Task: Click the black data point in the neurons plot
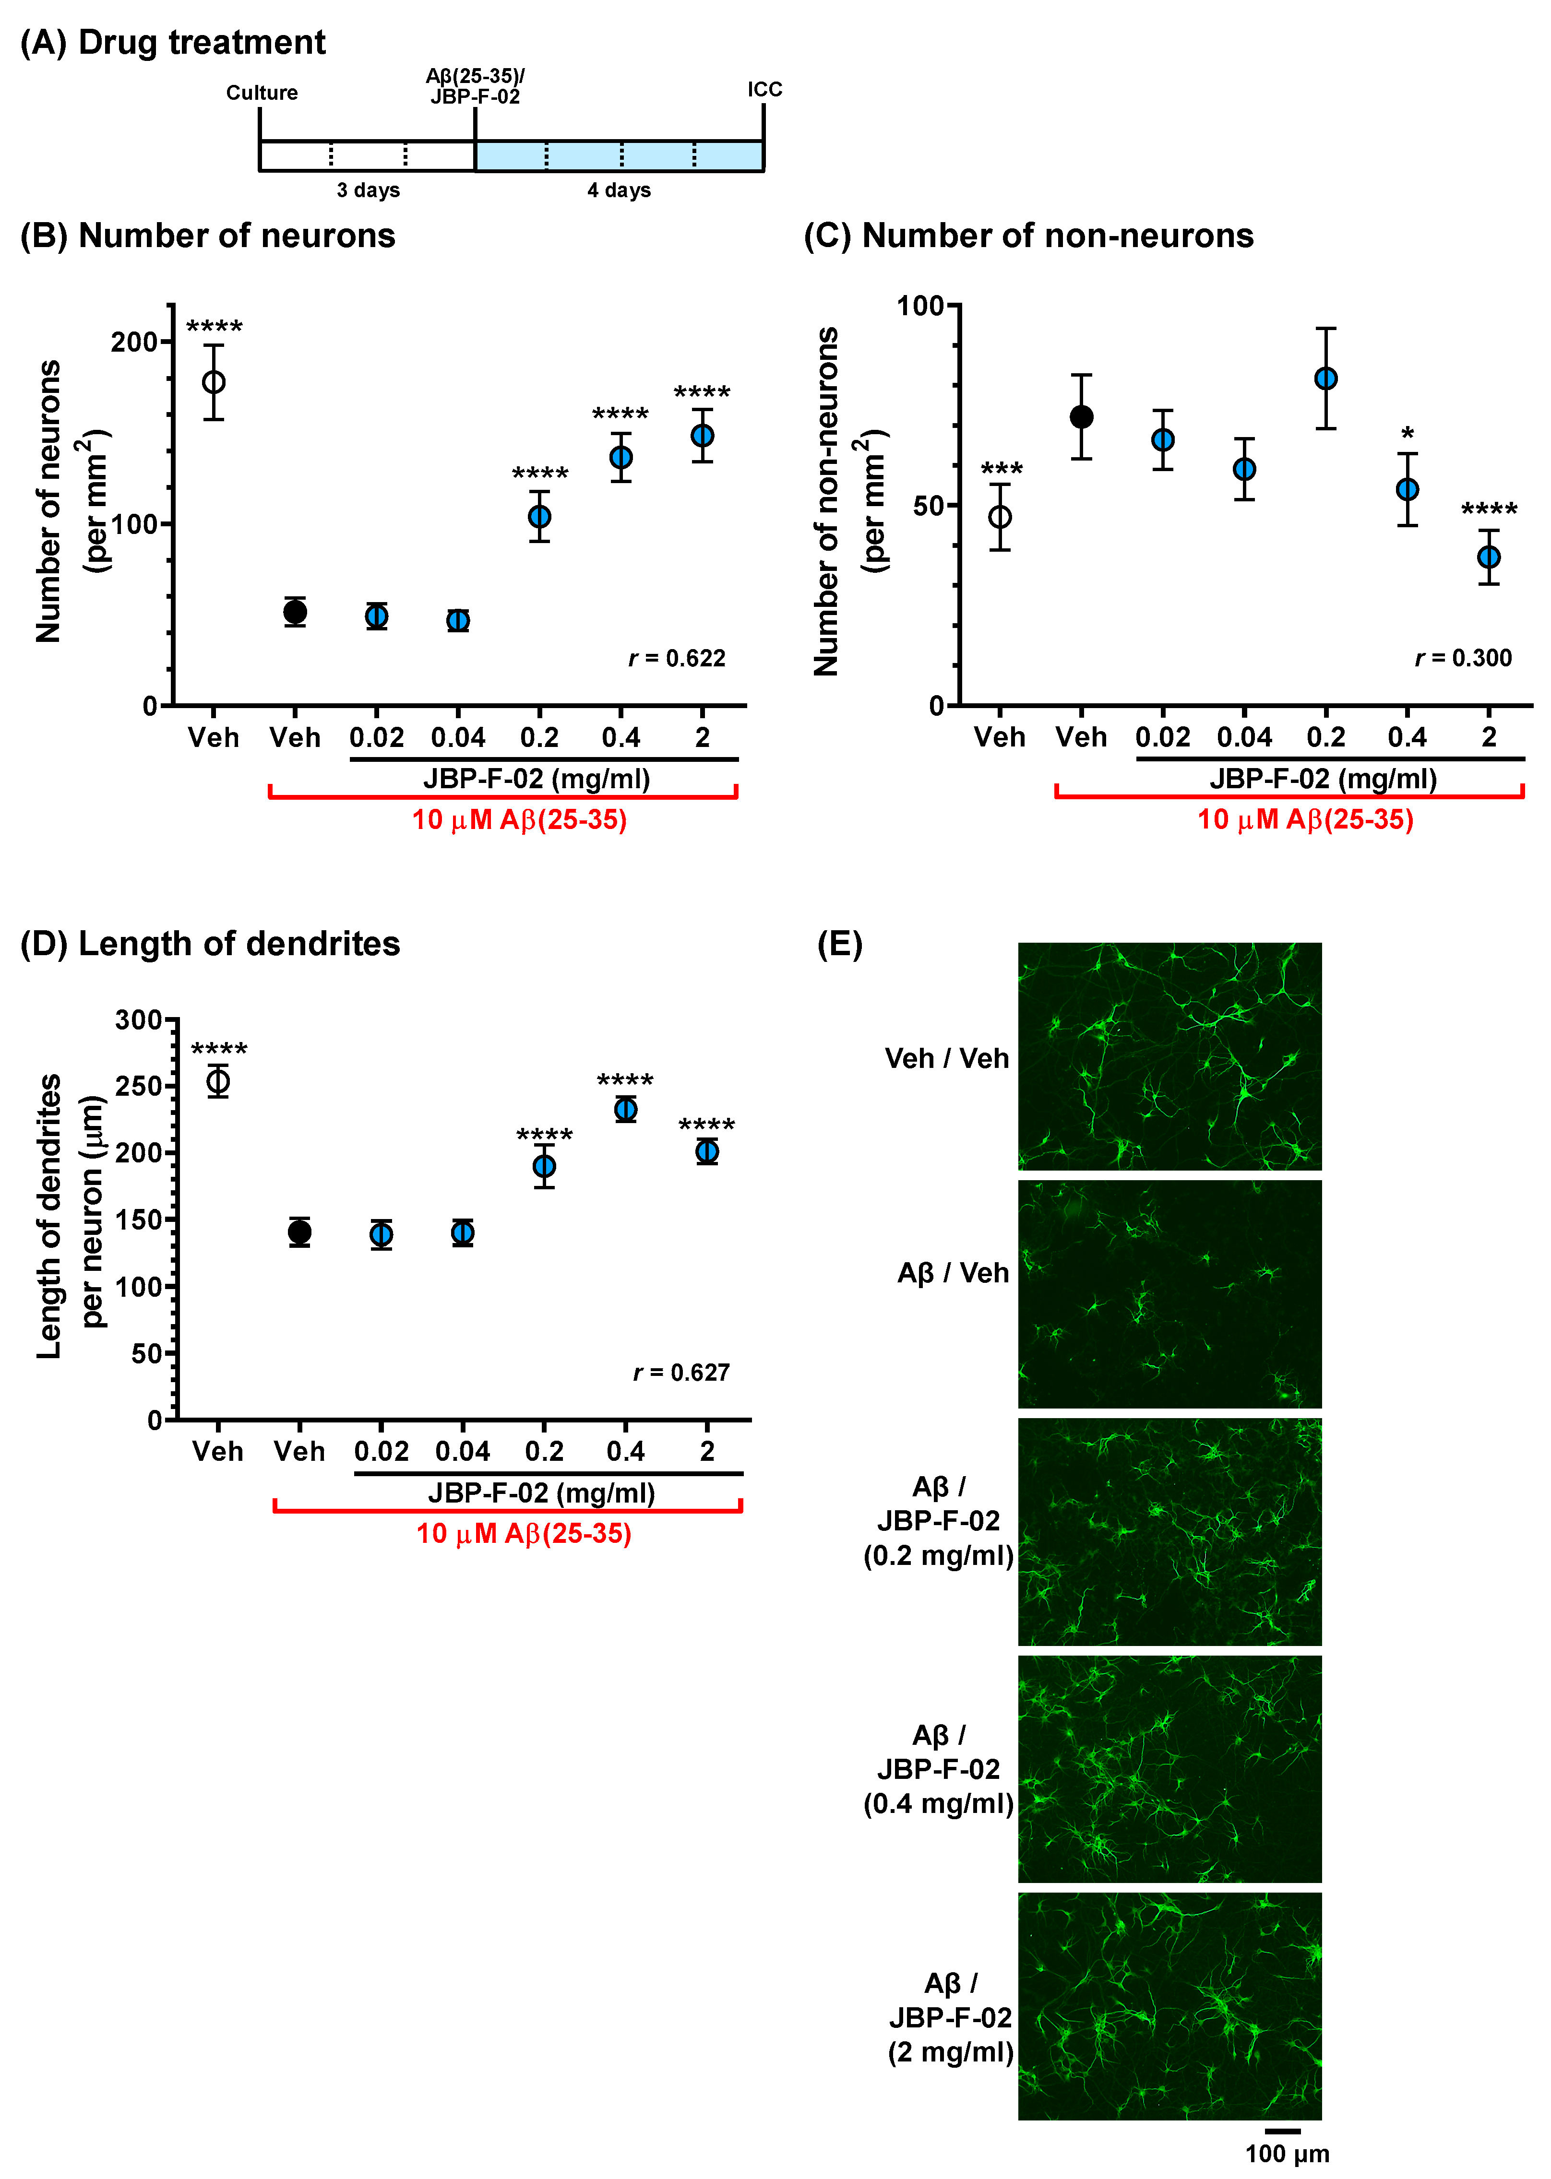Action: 295,612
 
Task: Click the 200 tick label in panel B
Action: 134,342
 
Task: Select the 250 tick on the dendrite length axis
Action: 139,1086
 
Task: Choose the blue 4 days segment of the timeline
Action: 619,155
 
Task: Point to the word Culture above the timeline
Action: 262,93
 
